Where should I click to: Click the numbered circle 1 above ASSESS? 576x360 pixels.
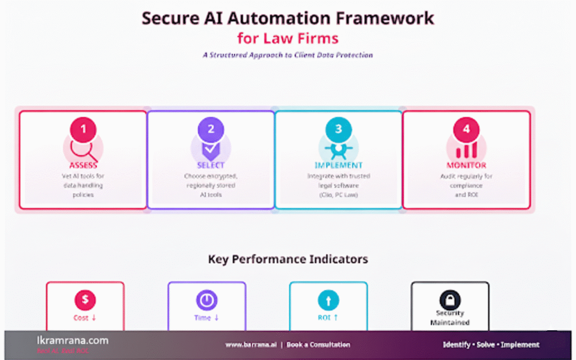[x=83, y=129]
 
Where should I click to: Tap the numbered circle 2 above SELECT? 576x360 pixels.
[x=211, y=129]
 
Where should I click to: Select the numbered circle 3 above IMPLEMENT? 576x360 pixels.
[x=338, y=129]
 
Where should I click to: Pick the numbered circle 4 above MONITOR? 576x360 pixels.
[x=466, y=129]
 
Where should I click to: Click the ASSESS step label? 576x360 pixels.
[x=83, y=165]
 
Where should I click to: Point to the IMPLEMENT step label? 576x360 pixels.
[x=339, y=165]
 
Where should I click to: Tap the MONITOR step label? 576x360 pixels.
[x=466, y=165]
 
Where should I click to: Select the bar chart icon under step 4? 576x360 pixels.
[x=466, y=150]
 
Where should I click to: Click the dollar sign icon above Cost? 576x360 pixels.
[x=85, y=300]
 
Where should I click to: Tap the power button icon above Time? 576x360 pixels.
[x=206, y=300]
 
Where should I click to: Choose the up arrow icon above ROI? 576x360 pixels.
[x=328, y=300]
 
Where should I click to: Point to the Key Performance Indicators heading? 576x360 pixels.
[x=288, y=259]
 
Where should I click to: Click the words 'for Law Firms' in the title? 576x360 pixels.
[x=288, y=39]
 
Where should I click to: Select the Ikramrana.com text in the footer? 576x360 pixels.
[x=69, y=340]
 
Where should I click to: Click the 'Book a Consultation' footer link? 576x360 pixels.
[x=318, y=344]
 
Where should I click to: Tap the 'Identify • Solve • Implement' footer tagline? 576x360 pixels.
[x=491, y=344]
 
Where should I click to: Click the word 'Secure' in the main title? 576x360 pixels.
[x=169, y=18]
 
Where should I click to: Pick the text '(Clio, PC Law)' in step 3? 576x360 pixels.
[x=339, y=195]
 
